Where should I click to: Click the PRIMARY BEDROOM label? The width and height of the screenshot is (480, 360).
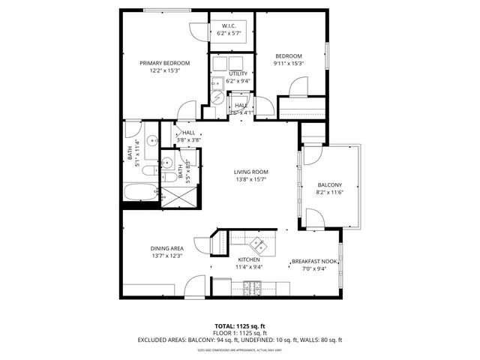point(164,63)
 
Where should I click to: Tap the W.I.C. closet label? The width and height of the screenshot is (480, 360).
point(229,26)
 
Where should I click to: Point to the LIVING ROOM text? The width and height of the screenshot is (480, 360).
point(251,172)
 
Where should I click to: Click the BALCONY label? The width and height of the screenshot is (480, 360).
point(329,185)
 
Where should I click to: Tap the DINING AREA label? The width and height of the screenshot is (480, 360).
point(166,248)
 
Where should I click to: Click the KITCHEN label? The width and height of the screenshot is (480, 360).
point(248,259)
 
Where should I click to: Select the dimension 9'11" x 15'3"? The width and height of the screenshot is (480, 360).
point(288,63)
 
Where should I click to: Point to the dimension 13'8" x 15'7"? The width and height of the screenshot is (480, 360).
point(251,180)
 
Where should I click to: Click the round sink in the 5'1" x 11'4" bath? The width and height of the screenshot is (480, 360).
point(151,139)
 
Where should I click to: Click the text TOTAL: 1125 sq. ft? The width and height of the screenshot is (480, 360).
point(239,326)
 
